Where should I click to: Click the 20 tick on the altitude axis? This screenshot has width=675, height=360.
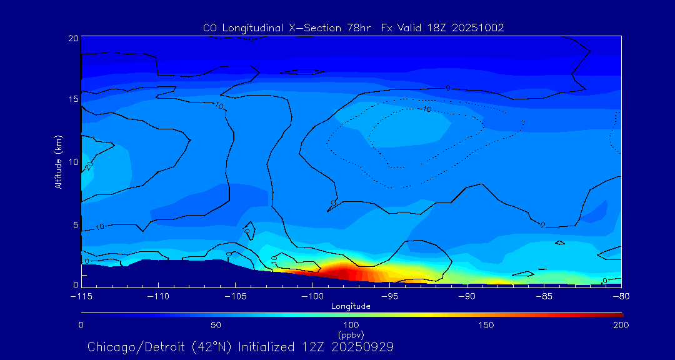(74, 38)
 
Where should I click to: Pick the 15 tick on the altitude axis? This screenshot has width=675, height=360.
(74, 99)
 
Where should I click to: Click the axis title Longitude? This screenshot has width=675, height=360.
(351, 306)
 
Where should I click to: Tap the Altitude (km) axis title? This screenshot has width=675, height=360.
(58, 162)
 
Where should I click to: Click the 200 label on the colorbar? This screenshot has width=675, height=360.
(621, 325)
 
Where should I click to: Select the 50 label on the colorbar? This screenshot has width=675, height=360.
(216, 325)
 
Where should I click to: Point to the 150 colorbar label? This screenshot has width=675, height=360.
(486, 325)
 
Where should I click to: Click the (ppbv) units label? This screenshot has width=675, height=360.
(351, 334)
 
